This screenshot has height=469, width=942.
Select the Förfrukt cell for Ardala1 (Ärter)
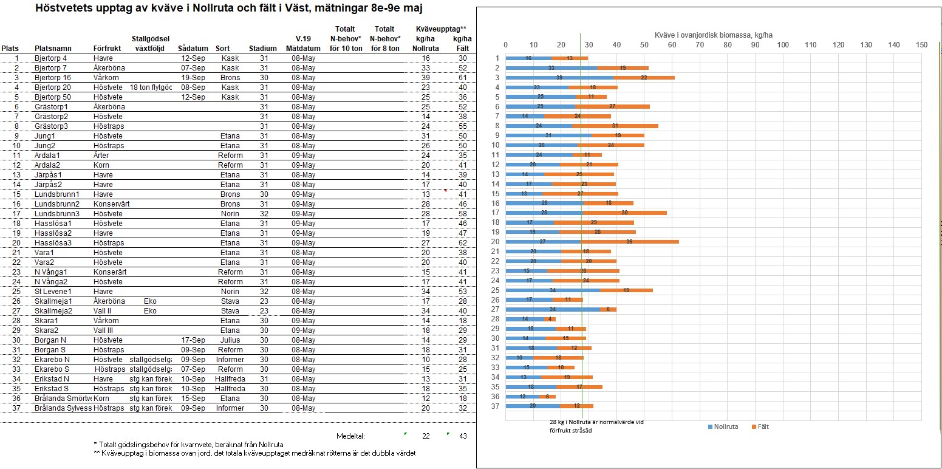coord(101,156)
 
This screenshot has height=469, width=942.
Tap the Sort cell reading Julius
coord(230,340)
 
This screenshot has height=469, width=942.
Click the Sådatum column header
coord(193,49)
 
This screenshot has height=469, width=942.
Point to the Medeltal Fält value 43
coord(463,436)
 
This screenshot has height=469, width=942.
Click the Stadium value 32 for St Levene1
coord(264,292)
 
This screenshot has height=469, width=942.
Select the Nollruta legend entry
coord(723,427)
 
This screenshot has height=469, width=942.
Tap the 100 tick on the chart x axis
coord(782,44)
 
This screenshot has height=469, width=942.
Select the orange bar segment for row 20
coord(629,242)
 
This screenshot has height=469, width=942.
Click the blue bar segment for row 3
coord(559,77)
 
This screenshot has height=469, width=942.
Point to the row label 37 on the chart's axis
coord(496,406)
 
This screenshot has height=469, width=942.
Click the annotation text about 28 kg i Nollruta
coord(596,426)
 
